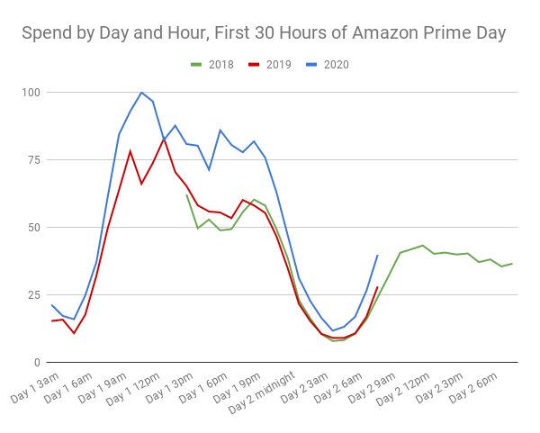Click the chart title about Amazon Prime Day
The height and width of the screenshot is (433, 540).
pyautogui.click(x=264, y=33)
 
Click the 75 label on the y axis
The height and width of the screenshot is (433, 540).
pyautogui.click(x=33, y=160)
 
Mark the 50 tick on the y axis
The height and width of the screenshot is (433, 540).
pyautogui.click(x=33, y=228)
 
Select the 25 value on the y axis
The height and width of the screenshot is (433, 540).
pyautogui.click(x=33, y=295)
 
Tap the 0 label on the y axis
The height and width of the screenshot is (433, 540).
pyautogui.click(x=37, y=363)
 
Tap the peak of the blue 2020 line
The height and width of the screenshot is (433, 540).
pyautogui.click(x=141, y=92)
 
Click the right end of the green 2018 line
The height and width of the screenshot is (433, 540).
pyautogui.click(x=512, y=264)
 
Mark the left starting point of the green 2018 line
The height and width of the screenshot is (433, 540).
pyautogui.click(x=186, y=194)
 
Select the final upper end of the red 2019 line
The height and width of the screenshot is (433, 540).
pyautogui.click(x=377, y=287)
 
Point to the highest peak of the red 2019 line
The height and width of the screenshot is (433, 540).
pyautogui.click(x=164, y=139)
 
